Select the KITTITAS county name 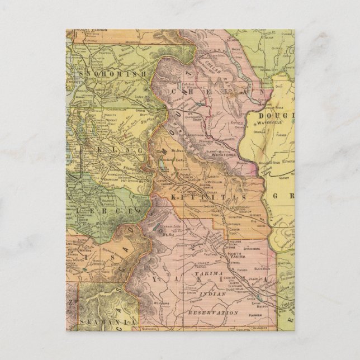pos(206,197)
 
